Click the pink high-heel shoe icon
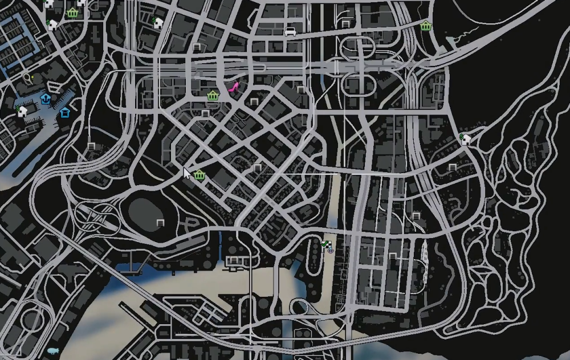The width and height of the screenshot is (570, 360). tap(233, 87)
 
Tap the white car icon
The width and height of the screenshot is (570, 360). tap(290, 31)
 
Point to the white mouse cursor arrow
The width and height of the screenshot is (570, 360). tap(186, 173)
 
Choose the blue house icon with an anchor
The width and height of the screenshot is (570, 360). tap(46, 99)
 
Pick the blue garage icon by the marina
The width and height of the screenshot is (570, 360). tap(65, 112)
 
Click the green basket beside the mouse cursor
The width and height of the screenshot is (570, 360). tap(199, 175)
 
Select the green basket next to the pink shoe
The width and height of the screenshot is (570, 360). tap(213, 95)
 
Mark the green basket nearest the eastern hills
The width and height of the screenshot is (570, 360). tap(426, 26)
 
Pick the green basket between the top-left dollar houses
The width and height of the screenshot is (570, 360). tap(72, 13)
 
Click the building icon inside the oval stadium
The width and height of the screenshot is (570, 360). tap(160, 222)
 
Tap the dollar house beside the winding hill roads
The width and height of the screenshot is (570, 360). tap(465, 138)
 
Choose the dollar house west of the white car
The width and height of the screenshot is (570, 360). tap(158, 22)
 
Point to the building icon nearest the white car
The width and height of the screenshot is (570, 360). tap(300, 90)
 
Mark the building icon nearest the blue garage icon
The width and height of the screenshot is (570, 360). tap(91, 146)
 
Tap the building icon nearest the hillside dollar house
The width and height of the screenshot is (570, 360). tap(452, 167)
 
